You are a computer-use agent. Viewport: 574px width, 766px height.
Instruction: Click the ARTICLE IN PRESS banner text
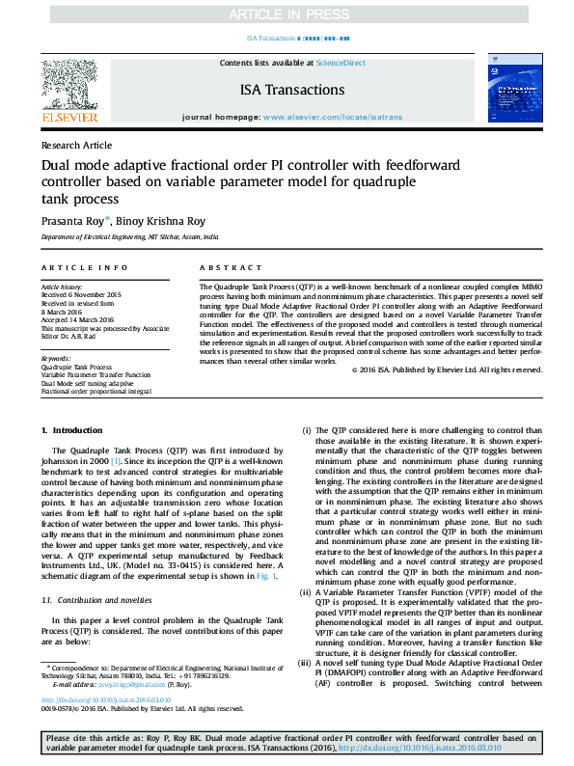point(287,14)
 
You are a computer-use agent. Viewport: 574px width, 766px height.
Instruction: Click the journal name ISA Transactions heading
point(291,90)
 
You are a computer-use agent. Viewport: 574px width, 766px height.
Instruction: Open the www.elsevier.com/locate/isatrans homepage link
point(327,117)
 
